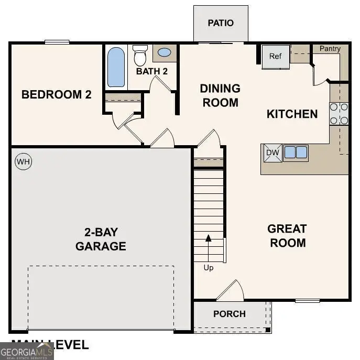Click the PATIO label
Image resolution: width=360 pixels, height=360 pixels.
pos(221,23)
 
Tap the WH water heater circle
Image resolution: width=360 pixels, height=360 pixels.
pos(24,162)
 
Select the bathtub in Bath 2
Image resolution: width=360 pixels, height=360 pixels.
pos(116,67)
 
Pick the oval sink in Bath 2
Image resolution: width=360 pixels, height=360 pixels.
pos(164,52)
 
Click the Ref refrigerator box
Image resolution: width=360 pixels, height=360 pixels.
pos(276,57)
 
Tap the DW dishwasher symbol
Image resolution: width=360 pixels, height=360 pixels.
pos(272,152)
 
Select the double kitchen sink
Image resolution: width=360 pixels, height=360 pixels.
pos(296,152)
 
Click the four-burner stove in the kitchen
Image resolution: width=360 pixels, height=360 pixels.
pos(339,114)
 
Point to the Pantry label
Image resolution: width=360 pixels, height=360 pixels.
pos(330,49)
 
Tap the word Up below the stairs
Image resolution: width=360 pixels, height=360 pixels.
pos(209,268)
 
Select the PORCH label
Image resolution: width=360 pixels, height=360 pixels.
pos(230,314)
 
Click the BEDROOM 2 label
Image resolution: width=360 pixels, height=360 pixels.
pos(57,95)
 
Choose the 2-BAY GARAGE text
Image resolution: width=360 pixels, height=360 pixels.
pos(101,239)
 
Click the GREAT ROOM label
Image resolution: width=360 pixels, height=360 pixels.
pos(287,236)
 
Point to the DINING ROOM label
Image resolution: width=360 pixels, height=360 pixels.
pos(220,95)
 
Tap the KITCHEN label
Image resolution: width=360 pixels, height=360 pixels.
pos(292,114)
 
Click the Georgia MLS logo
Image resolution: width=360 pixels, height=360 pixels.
pos(27,351)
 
